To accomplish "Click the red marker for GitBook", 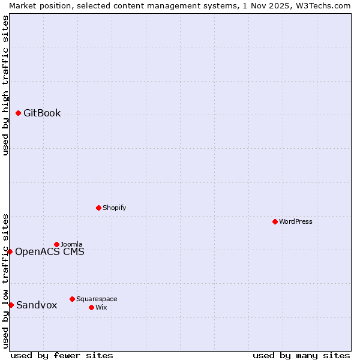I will (18, 113).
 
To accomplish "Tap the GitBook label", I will (42, 113).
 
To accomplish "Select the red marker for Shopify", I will (98, 208).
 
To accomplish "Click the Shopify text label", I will (114, 208).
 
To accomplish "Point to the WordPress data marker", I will (275, 221).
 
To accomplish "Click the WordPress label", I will (295, 221).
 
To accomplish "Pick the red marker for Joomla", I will (56, 244).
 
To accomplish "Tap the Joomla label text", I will (71, 244).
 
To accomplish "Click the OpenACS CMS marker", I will (10, 251).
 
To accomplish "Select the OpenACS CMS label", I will (49, 251).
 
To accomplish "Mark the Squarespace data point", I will (72, 299).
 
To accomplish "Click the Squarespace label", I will (97, 299).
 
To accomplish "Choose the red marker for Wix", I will (91, 307).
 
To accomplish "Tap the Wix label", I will (101, 307).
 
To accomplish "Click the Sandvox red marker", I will (11, 305).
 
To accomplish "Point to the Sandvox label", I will (37, 305).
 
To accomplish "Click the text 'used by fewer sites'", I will (62, 355).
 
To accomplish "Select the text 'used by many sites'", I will (301, 355).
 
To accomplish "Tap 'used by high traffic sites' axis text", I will (5, 85).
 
